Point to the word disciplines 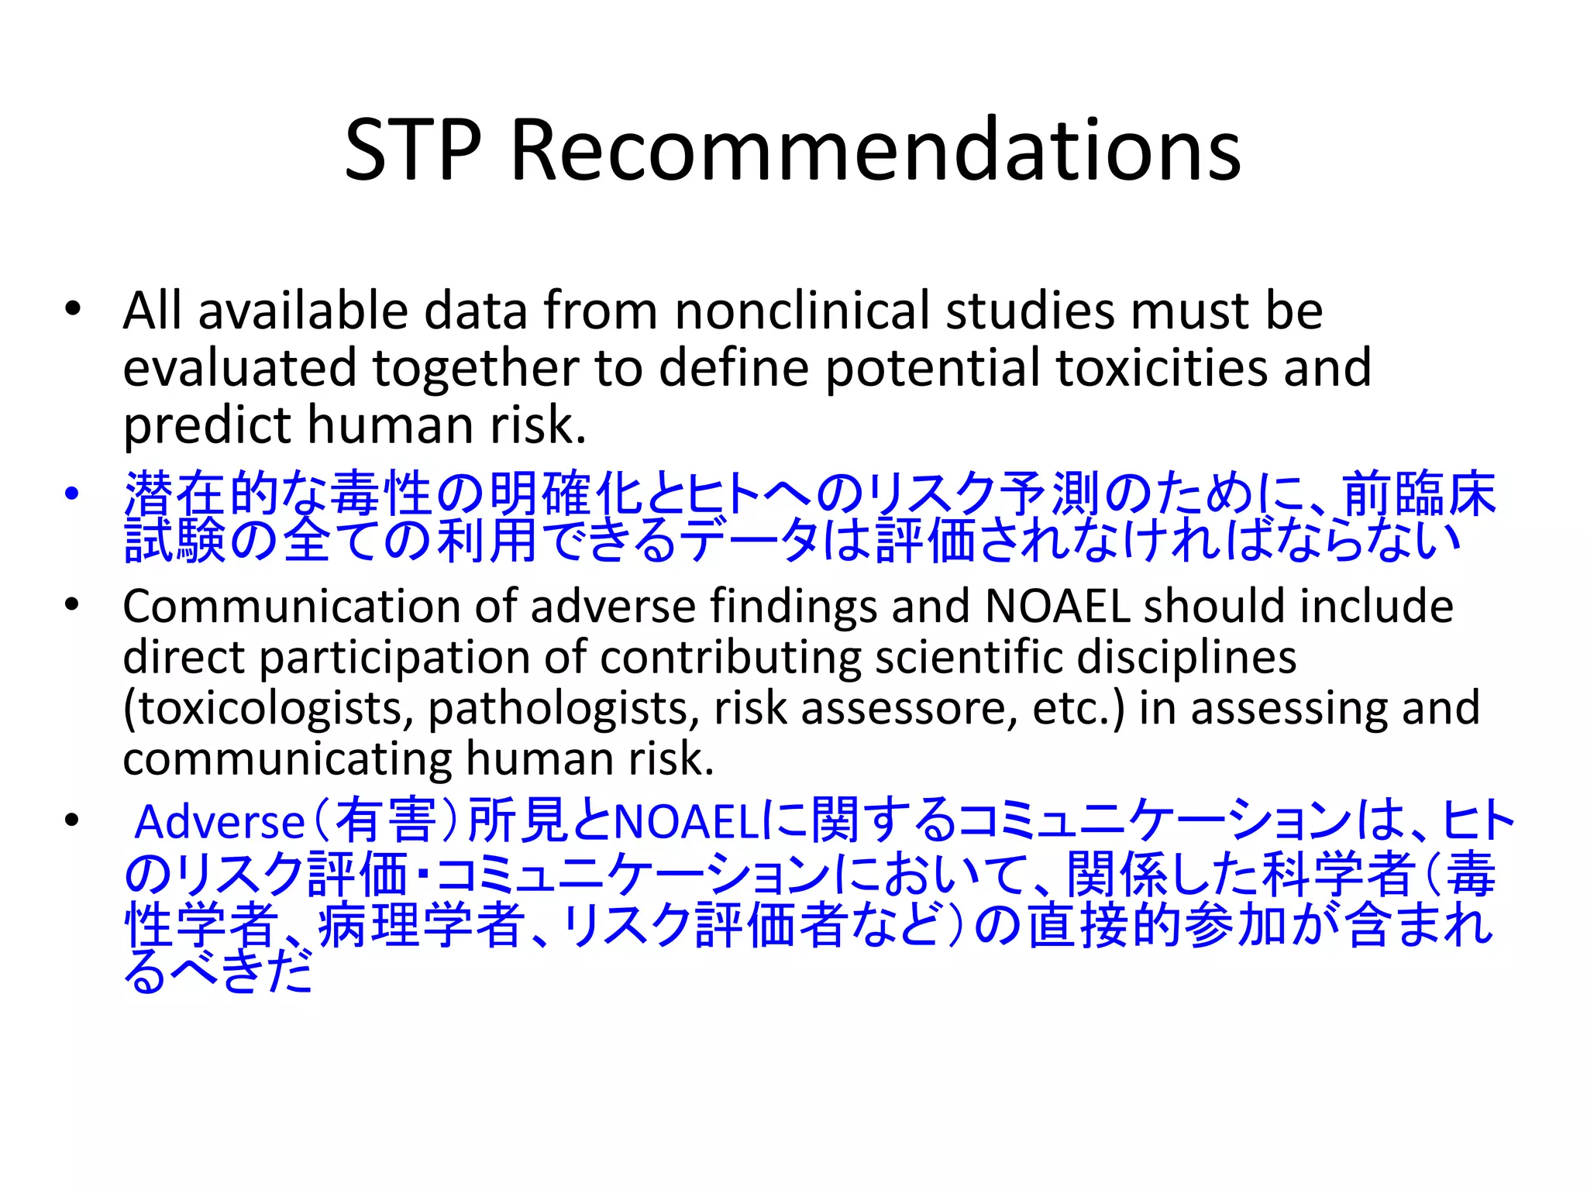[1186, 657]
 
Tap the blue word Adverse [220, 822]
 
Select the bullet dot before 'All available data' [73, 310]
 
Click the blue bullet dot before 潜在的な [73, 494]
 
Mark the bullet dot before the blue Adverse [73, 820]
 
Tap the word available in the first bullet [303, 311]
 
